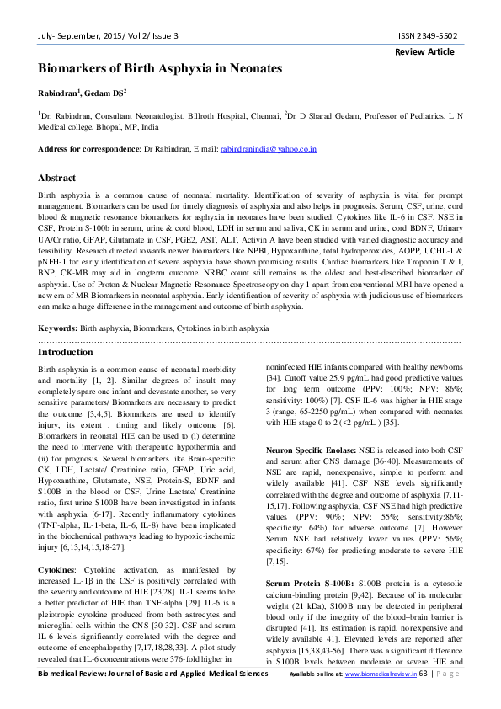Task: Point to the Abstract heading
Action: pos(57,179)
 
